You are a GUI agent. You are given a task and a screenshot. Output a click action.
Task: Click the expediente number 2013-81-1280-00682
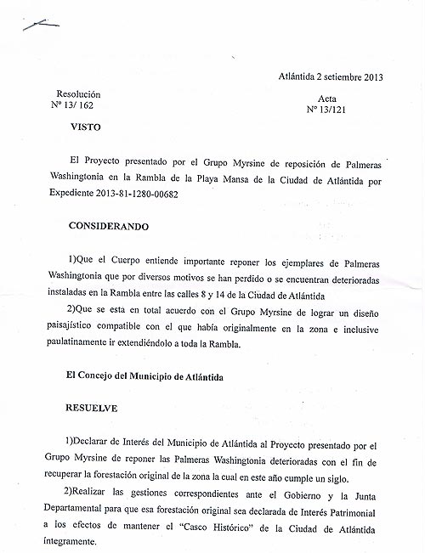click(138, 195)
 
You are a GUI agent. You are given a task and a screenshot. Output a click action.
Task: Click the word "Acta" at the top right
click(327, 99)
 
